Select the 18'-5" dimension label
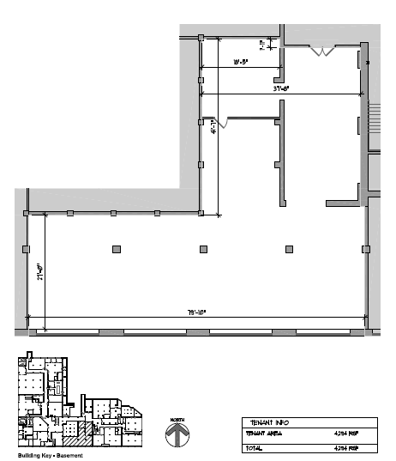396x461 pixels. tap(240, 62)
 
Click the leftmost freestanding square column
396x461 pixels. tap(117, 250)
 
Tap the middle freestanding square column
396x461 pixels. tap(204, 250)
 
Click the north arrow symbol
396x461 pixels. tap(177, 435)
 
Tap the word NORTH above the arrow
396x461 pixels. tap(177, 419)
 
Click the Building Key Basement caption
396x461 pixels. tap(43, 454)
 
